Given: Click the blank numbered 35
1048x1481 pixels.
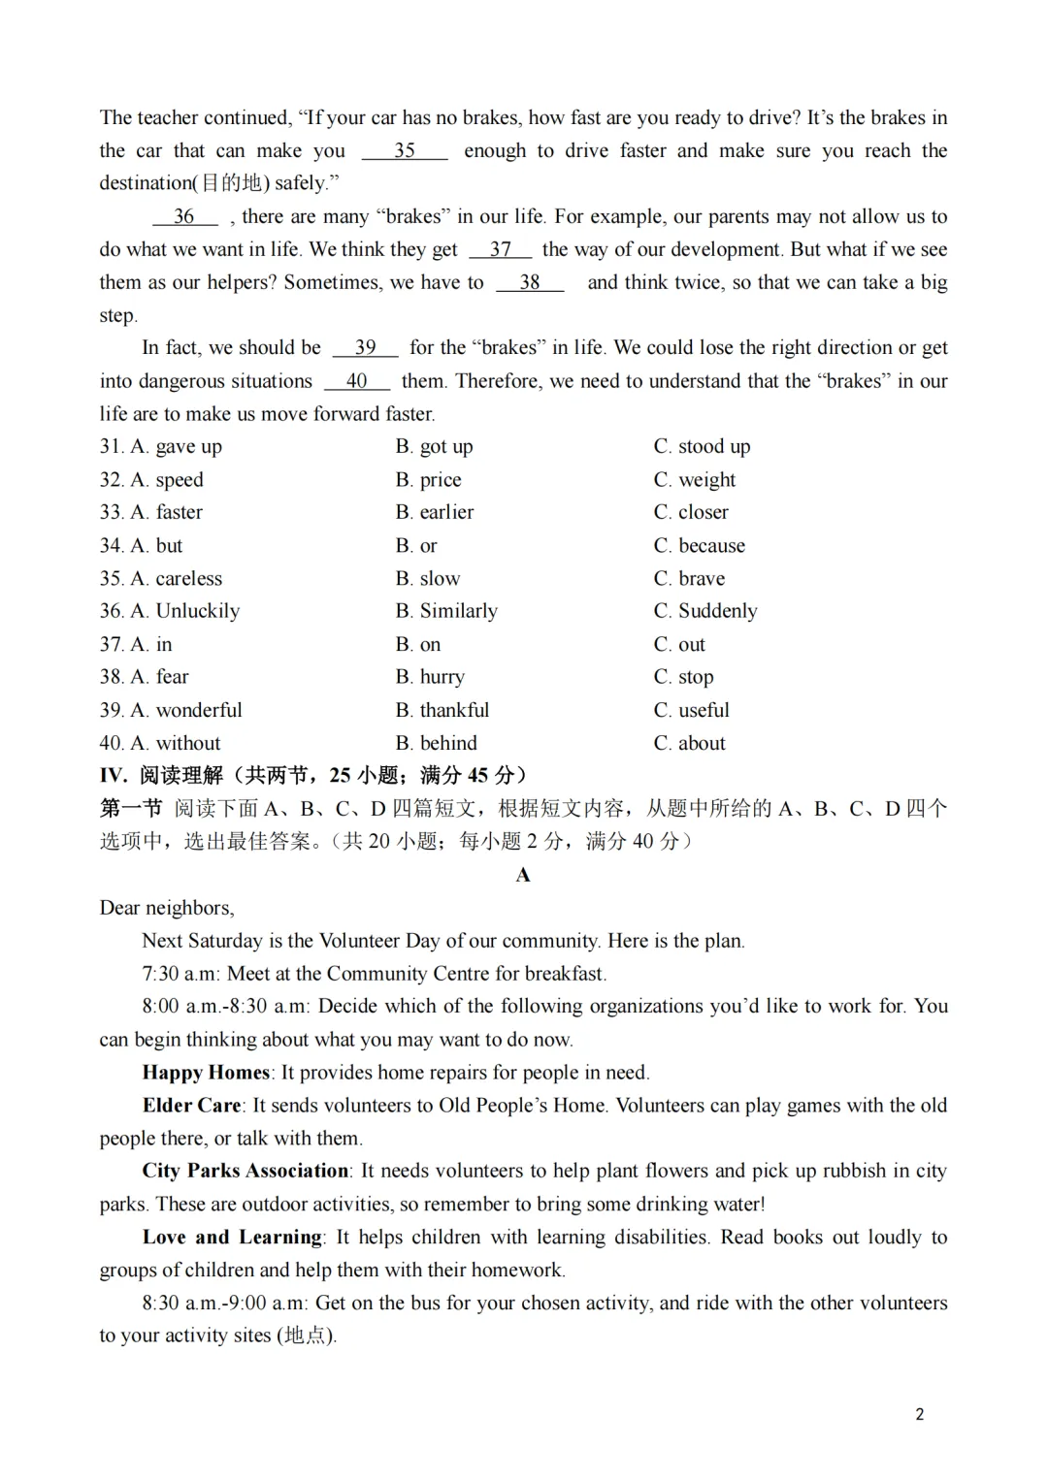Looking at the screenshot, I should (x=405, y=151).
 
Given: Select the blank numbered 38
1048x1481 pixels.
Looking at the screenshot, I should (x=529, y=283).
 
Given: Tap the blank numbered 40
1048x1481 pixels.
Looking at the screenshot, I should (x=356, y=382).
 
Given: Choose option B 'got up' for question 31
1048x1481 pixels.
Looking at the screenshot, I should (x=434, y=447).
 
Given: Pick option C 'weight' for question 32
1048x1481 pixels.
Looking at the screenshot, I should (x=694, y=480).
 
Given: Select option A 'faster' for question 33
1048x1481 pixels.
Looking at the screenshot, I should (x=166, y=513).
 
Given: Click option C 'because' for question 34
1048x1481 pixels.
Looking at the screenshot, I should (x=699, y=546).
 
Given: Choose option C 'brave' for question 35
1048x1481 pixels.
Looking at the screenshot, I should (x=689, y=579).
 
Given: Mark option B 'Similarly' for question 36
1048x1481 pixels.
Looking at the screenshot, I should (x=446, y=611).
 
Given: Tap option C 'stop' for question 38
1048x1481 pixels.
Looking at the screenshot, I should (x=683, y=677).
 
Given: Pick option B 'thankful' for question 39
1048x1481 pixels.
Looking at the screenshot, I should (x=442, y=710).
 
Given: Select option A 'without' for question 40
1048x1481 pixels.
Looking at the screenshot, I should (x=175, y=743).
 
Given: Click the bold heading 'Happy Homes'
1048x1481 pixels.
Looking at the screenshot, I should (x=206, y=1073).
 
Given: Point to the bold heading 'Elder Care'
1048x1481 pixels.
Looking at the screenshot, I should (x=191, y=1106).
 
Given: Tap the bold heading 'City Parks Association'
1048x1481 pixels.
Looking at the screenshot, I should (x=246, y=1171).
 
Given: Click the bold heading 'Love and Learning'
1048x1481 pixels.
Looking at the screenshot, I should (x=232, y=1238).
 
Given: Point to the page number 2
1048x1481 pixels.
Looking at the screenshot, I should (x=919, y=1414).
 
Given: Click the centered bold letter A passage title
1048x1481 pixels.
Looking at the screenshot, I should (x=523, y=875).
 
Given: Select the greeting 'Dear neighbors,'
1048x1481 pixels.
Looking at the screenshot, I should (x=167, y=909).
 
